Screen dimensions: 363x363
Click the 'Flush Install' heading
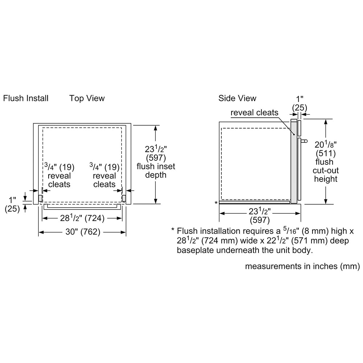26,98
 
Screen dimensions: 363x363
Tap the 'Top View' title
87,98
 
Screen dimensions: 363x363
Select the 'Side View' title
237,98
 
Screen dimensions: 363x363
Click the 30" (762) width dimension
83,232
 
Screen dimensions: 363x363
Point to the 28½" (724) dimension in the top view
82,218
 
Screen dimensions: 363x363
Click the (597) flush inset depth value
156,158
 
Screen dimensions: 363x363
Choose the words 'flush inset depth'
156,171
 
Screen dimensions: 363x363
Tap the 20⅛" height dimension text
326,145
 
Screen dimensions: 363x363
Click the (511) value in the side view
326,153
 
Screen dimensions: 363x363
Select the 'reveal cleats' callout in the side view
254,113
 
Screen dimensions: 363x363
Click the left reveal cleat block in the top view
40,199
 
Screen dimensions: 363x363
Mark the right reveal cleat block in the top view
124,199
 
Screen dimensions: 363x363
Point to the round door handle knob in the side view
306,141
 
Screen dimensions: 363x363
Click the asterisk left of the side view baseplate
216,203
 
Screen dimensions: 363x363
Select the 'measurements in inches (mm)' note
303,266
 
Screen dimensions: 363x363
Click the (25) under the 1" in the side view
299,108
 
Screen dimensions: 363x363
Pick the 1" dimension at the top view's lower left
12,200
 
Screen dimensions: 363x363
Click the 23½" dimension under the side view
260,211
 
